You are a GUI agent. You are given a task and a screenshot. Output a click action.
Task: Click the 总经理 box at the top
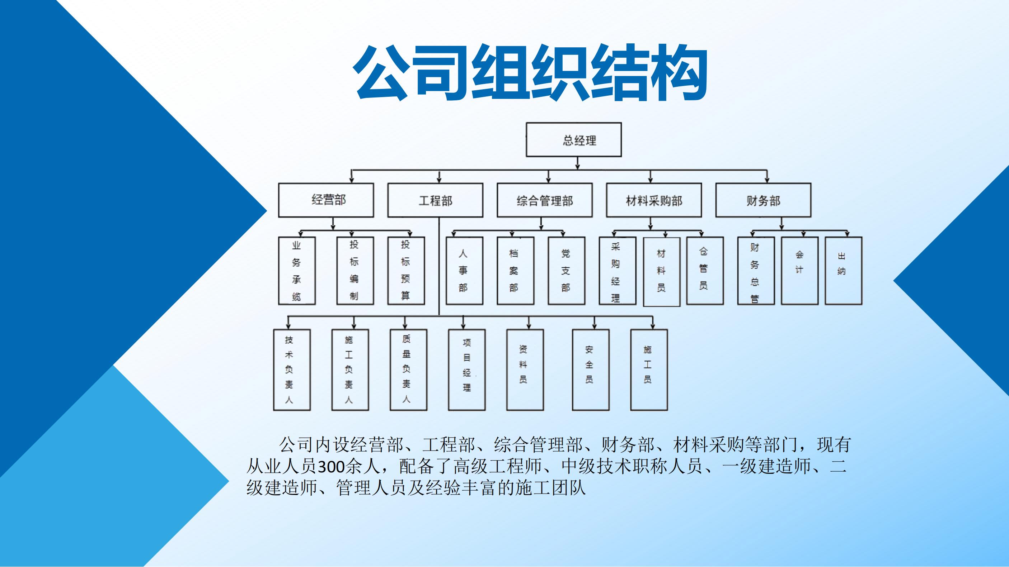(x=573, y=140)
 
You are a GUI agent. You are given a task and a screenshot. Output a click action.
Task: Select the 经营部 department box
(x=326, y=200)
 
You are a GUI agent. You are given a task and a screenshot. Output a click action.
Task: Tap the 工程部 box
(x=435, y=200)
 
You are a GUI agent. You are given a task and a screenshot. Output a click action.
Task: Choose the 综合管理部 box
(x=544, y=200)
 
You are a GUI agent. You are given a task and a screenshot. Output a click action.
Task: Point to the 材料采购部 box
(x=654, y=200)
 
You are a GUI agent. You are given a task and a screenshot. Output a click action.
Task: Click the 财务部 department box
(x=763, y=200)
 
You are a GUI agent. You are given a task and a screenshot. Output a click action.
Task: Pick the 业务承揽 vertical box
(x=296, y=271)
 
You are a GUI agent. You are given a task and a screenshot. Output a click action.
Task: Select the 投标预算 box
(x=406, y=271)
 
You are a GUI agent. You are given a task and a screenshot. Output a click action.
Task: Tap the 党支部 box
(x=566, y=271)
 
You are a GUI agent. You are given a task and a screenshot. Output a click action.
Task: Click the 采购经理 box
(x=617, y=271)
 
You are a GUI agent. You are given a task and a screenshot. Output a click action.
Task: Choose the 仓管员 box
(x=705, y=271)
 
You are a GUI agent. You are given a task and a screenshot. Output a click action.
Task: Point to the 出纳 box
(x=843, y=271)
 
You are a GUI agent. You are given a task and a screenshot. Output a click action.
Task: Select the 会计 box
(x=799, y=271)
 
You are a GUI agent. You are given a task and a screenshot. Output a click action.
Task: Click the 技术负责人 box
(x=291, y=370)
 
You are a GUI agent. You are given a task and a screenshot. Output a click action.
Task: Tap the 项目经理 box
(x=466, y=370)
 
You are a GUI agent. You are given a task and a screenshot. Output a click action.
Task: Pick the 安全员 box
(x=591, y=370)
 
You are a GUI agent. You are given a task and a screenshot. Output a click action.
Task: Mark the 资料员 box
(x=525, y=370)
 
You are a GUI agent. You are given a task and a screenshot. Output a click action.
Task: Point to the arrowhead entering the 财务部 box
(x=767, y=180)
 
